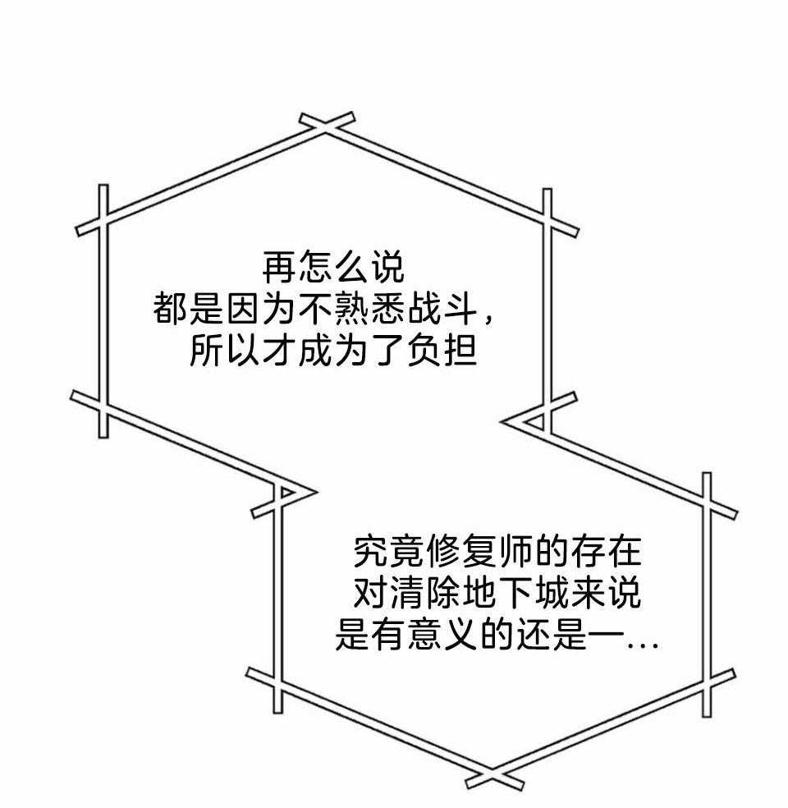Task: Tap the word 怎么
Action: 332,268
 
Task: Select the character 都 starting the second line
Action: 170,310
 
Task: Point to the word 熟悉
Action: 370,310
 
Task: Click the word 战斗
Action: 442,310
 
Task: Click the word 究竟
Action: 389,552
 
